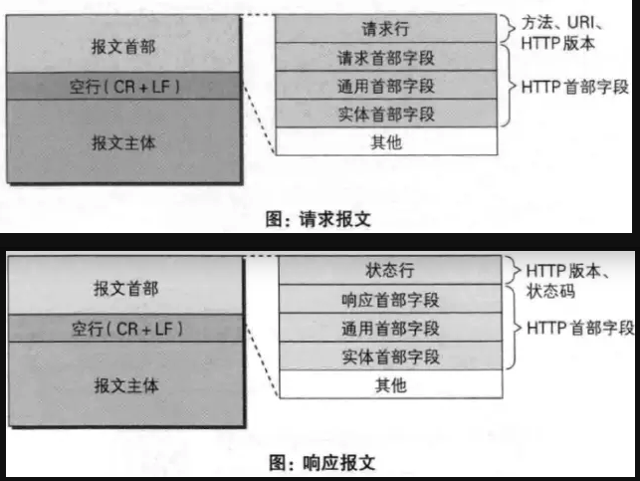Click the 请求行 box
(x=386, y=29)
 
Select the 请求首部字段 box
(x=386, y=57)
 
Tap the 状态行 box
(x=387, y=271)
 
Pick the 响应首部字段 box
(x=387, y=299)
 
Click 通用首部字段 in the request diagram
(x=386, y=86)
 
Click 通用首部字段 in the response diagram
(x=387, y=328)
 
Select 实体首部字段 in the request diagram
(x=386, y=114)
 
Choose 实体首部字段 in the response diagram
(x=387, y=356)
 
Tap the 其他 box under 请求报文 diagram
(x=386, y=142)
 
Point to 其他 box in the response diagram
(x=387, y=384)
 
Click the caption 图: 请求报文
(x=320, y=219)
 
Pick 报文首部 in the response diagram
(x=124, y=288)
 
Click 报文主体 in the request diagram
(x=124, y=141)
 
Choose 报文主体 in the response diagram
(x=124, y=383)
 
